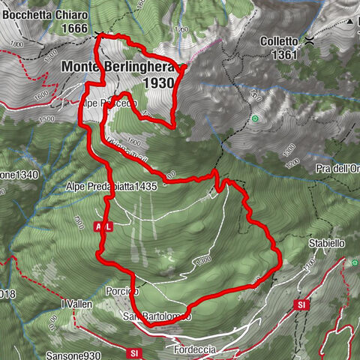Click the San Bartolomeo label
click(157, 316)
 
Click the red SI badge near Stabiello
click(301, 305)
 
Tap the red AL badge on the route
click(103, 226)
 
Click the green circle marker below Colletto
click(256, 118)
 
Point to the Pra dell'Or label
click(337, 168)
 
